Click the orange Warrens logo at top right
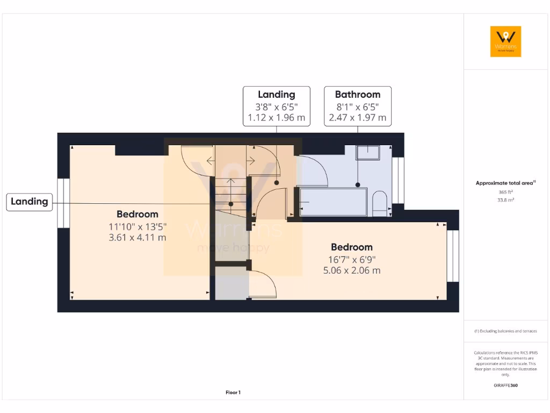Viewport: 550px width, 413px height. pos(505,41)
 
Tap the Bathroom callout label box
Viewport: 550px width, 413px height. pos(357,106)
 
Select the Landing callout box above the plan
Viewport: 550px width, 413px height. pos(276,106)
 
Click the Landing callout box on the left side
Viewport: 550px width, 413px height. pos(30,202)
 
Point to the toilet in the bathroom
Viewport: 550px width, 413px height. pos(380,204)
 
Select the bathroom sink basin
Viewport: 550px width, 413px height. pos(368,153)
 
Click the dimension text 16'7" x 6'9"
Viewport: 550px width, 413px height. pos(351,259)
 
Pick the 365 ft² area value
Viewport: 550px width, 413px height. pos(505,192)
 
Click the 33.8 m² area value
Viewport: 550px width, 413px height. pos(505,200)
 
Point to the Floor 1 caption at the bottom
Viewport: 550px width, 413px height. pos(233,393)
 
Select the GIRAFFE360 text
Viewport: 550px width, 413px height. pos(505,385)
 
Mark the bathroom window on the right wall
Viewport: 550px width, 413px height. pos(398,180)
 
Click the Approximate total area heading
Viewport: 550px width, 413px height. pos(505,183)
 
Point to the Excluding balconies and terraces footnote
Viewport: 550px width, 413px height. pos(505,331)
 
